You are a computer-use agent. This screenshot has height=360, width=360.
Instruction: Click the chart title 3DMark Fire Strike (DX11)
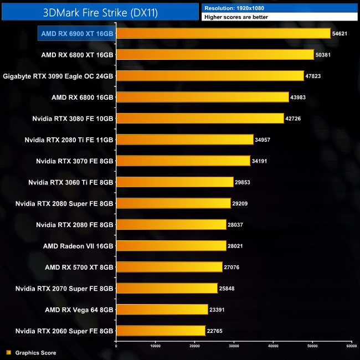[x=100, y=12]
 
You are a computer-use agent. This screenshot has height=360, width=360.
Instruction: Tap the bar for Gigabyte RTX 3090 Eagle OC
[x=210, y=76]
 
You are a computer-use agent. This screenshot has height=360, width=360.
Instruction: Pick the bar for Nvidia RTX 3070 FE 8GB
[x=183, y=161]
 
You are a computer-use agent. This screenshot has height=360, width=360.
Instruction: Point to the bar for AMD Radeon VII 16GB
[x=171, y=245]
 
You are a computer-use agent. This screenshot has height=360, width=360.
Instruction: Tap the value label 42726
[x=295, y=119]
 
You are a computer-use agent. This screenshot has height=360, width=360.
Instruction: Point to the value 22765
[x=217, y=331]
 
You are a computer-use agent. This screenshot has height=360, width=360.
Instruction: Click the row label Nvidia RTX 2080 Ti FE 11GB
[x=69, y=140]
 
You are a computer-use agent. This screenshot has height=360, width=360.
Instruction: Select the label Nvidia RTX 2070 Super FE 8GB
[x=64, y=288]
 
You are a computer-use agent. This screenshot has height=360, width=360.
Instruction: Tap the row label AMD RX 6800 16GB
[x=82, y=97]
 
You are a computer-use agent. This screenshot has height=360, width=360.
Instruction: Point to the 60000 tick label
[x=351, y=346]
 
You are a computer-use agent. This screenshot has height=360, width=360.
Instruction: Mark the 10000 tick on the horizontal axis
[x=155, y=346]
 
